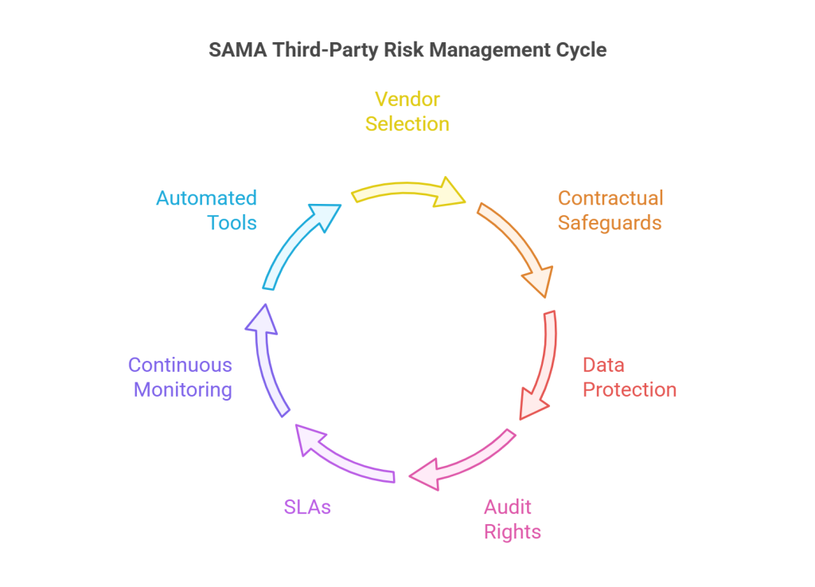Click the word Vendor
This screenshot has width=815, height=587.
[x=407, y=100]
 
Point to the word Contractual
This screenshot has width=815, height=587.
[x=610, y=198]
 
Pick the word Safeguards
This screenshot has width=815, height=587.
[x=610, y=222]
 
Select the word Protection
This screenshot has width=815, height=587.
[x=630, y=389]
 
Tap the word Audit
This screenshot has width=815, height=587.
[x=508, y=507]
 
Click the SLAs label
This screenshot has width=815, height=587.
[x=307, y=507]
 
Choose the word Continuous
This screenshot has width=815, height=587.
[x=180, y=365]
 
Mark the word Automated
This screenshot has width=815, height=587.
[x=206, y=198]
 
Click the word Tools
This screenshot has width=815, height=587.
[x=232, y=222]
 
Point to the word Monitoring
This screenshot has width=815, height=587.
[x=183, y=389]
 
